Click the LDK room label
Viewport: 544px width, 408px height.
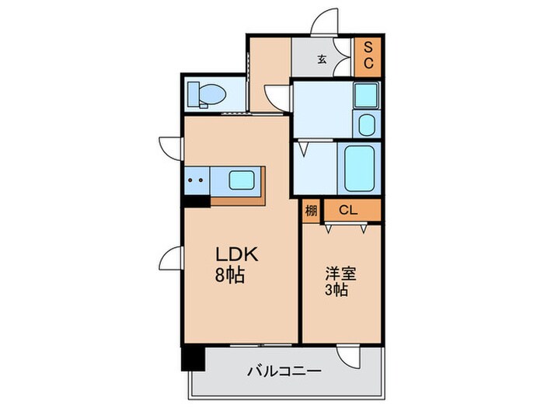pos(231,254)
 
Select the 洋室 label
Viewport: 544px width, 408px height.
pos(340,274)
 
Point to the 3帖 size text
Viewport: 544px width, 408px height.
pos(336,291)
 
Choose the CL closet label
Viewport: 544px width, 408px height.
pos(348,210)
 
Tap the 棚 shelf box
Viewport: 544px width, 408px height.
pos(311,211)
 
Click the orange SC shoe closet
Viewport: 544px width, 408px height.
pos(368,54)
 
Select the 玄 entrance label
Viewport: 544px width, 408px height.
pos(321,59)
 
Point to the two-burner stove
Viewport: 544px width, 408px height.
pos(196,180)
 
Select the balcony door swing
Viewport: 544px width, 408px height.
pos(350,357)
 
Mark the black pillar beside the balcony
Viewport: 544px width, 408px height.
pos(192,357)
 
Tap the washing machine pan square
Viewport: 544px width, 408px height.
pos(364,95)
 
